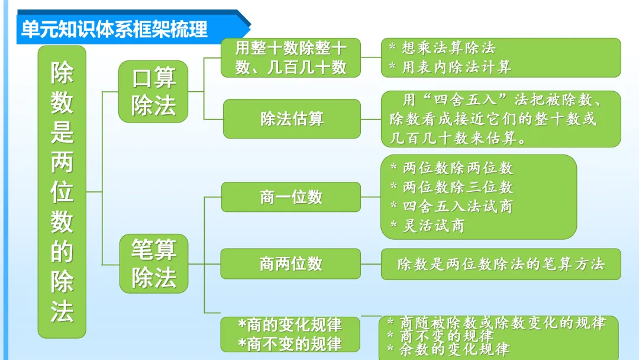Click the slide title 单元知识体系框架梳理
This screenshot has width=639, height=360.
pyautogui.click(x=115, y=30)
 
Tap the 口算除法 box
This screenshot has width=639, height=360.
pyautogui.click(x=153, y=92)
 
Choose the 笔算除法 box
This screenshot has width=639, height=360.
pyautogui.click(x=153, y=263)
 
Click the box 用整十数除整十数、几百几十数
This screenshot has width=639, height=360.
pyautogui.click(x=291, y=57)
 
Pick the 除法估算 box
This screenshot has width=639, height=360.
pyautogui.click(x=292, y=119)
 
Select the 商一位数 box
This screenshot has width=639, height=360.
pyautogui.click(x=291, y=197)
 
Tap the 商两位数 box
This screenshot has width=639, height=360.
pyautogui.click(x=291, y=263)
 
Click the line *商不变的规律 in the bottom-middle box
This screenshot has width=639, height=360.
pyautogui.click(x=290, y=343)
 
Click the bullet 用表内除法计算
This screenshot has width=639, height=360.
pyautogui.click(x=456, y=67)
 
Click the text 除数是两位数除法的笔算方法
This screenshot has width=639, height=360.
pyautogui.click(x=501, y=264)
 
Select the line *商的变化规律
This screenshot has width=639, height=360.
pyautogui.click(x=290, y=325)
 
